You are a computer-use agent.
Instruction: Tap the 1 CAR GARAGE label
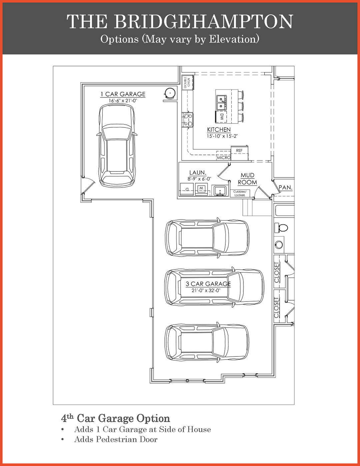tap(123, 94)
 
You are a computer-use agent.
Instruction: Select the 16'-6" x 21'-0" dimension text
tap(123, 101)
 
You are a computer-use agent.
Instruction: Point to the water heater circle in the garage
tap(170, 93)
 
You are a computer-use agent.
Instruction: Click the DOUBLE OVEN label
tap(187, 82)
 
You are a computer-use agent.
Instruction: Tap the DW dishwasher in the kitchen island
tap(221, 117)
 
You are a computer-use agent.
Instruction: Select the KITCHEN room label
tap(219, 130)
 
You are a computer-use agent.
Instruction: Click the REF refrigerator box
tap(239, 152)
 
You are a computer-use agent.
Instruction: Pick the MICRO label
tap(223, 158)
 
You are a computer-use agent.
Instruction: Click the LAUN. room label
tap(198, 173)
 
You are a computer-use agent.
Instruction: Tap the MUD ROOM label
tap(247, 179)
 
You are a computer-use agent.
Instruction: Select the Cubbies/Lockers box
tap(240, 193)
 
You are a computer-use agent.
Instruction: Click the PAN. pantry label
tap(286, 188)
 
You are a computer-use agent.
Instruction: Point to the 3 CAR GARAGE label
tap(208, 284)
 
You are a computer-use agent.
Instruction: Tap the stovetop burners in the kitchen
tap(187, 120)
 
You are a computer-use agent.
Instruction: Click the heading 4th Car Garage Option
tap(116, 418)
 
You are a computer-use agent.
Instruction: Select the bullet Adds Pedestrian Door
tap(116, 439)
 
